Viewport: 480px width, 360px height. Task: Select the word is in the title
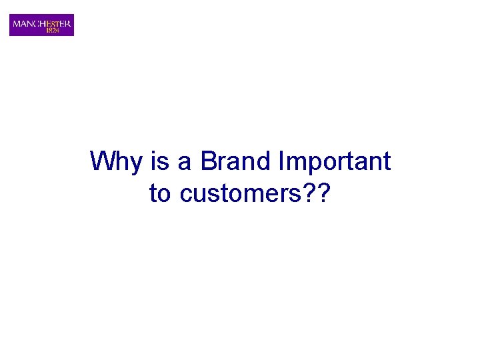(158, 162)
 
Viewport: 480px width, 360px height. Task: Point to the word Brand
(235, 162)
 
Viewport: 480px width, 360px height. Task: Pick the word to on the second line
(160, 194)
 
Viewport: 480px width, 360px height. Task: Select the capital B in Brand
(209, 161)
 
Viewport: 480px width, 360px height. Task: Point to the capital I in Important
(283, 161)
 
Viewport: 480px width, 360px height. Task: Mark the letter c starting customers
(186, 196)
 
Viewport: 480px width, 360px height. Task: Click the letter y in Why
(133, 165)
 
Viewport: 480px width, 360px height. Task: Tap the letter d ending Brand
(263, 162)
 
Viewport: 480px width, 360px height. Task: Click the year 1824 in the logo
(52, 30)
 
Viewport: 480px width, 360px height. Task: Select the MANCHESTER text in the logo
(41, 23)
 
